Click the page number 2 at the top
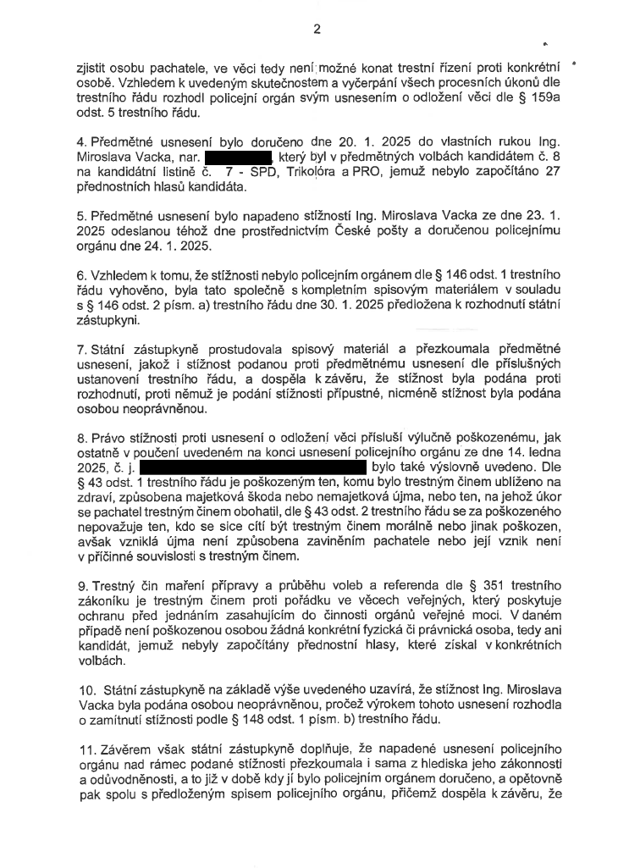(x=317, y=29)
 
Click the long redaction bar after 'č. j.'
(x=252, y=466)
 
